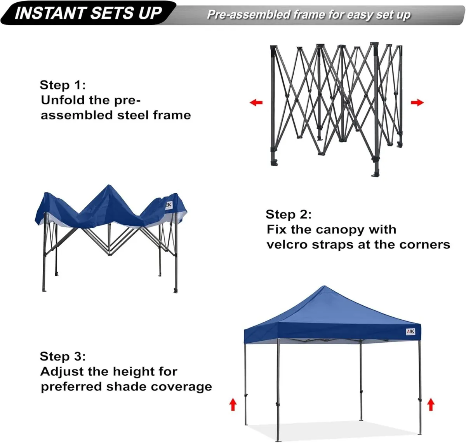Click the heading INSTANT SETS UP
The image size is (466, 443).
coord(88,13)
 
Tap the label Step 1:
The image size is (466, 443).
coord(63,85)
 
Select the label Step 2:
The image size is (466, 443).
coord(288,214)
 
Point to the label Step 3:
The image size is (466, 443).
coord(63,356)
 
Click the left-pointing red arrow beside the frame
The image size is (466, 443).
coord(256,103)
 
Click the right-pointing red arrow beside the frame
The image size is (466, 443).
coord(417,103)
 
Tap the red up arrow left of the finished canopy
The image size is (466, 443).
coord(233,404)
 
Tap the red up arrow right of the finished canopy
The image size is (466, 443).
coord(430,404)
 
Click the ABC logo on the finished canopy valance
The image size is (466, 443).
coord(410,332)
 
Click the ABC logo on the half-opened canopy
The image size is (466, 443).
coord(168,205)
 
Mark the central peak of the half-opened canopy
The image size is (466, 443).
coord(109,187)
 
